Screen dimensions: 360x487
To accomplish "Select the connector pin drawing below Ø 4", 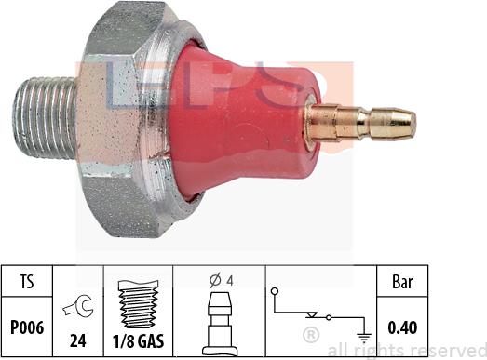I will tap(221, 316).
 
